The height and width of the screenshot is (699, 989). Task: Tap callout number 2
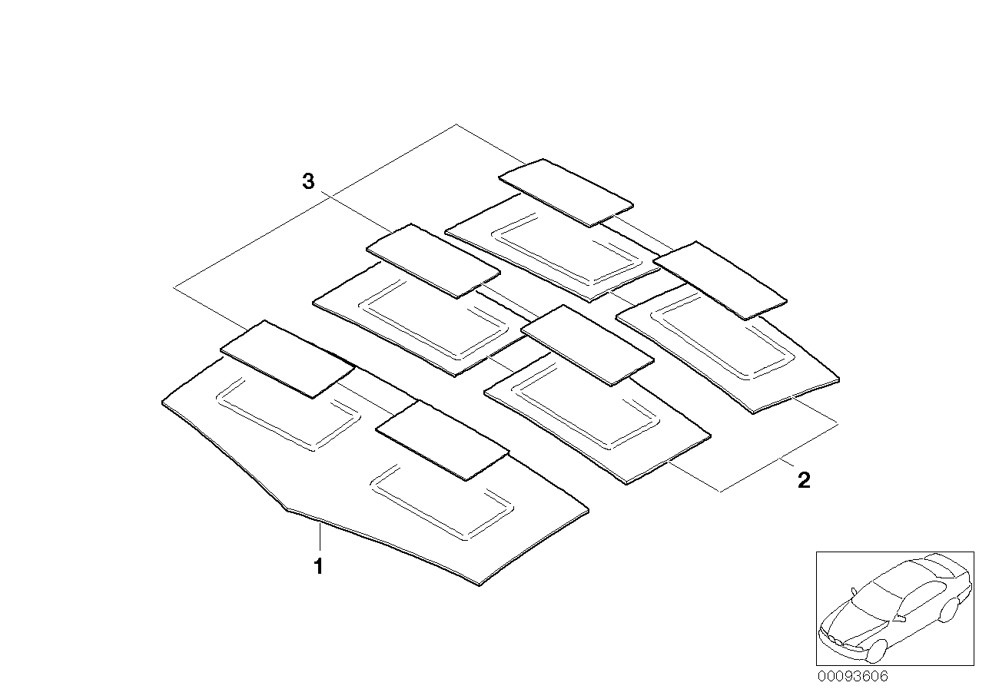pyautogui.click(x=803, y=481)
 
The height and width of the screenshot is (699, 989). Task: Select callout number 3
pyautogui.click(x=307, y=182)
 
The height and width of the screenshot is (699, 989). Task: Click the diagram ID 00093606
pyautogui.click(x=851, y=677)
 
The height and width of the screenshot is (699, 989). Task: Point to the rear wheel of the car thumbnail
pyautogui.click(x=948, y=609)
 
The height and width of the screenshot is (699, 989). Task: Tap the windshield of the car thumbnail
pyautogui.click(x=875, y=591)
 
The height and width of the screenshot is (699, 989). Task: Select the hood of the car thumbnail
pyautogui.click(x=845, y=615)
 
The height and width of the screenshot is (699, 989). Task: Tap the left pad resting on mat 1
pyautogui.click(x=288, y=359)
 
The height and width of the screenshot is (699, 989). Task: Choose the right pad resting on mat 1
pyautogui.click(x=443, y=440)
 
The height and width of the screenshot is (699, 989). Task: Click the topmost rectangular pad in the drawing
pyautogui.click(x=566, y=193)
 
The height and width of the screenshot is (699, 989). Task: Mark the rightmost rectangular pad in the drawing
pyautogui.click(x=720, y=280)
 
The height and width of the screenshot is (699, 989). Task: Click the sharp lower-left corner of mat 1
pyautogui.click(x=287, y=509)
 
